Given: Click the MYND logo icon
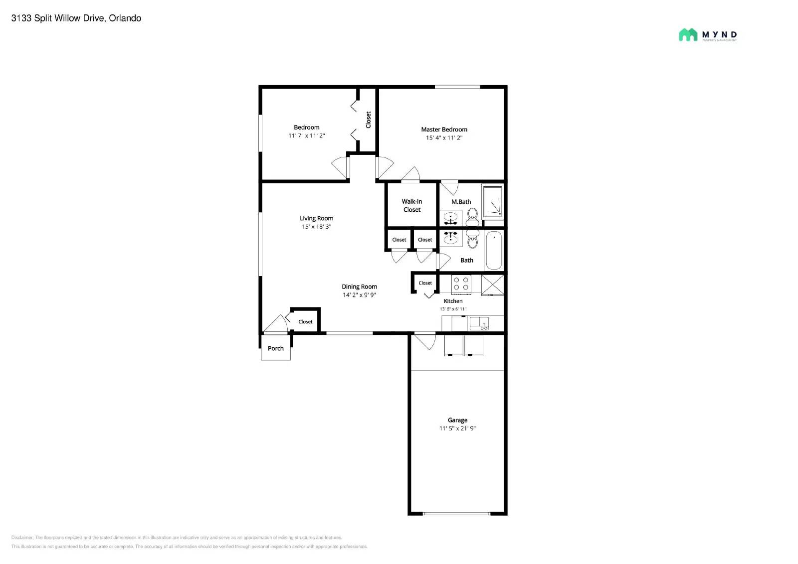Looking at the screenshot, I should click(688, 34).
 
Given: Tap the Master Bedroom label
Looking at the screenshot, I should click(444, 129).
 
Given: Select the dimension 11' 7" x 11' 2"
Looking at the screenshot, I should click(306, 136).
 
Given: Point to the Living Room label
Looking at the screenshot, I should click(316, 218).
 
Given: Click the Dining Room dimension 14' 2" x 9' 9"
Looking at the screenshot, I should click(359, 295).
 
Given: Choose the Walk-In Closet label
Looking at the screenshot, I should click(412, 205).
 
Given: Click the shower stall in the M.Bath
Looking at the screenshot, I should click(493, 202).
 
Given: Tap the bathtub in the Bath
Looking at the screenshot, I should click(494, 250).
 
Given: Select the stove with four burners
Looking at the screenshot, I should click(461, 284).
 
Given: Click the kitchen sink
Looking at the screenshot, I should click(479, 323).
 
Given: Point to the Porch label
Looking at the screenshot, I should click(276, 348).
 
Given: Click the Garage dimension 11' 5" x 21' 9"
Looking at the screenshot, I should click(457, 428).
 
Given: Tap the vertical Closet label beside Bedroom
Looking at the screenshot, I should click(369, 120).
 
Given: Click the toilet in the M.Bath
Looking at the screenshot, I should click(472, 215).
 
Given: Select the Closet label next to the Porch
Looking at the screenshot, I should click(305, 322).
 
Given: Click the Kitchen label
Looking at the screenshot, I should click(453, 301).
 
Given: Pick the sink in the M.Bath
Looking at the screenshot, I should click(451, 219).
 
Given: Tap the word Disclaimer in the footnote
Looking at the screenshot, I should click(22, 538).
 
